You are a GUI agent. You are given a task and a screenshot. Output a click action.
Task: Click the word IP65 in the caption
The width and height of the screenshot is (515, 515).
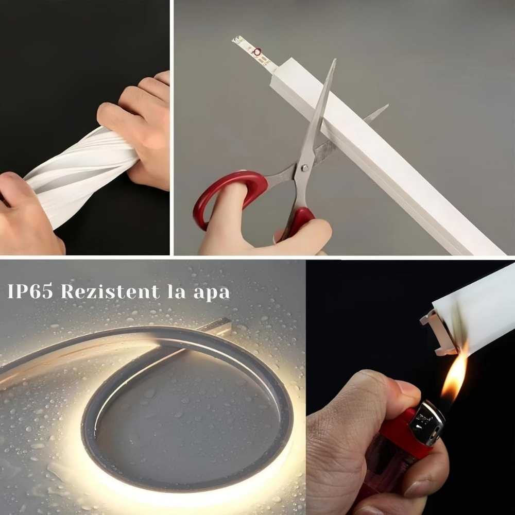pos(30,291)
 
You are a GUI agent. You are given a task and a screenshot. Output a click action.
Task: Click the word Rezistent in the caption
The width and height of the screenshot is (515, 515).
pos(110,291)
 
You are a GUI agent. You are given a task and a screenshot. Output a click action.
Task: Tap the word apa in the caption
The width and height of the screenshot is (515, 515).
pos(212,293)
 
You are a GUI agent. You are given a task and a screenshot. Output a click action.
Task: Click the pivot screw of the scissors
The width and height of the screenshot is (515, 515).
pos(304,168)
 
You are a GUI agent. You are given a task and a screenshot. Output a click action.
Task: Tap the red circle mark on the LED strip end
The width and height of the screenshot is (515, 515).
pos(257,51)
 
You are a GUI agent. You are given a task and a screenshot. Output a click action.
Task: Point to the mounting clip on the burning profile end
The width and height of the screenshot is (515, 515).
pos(438,333)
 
